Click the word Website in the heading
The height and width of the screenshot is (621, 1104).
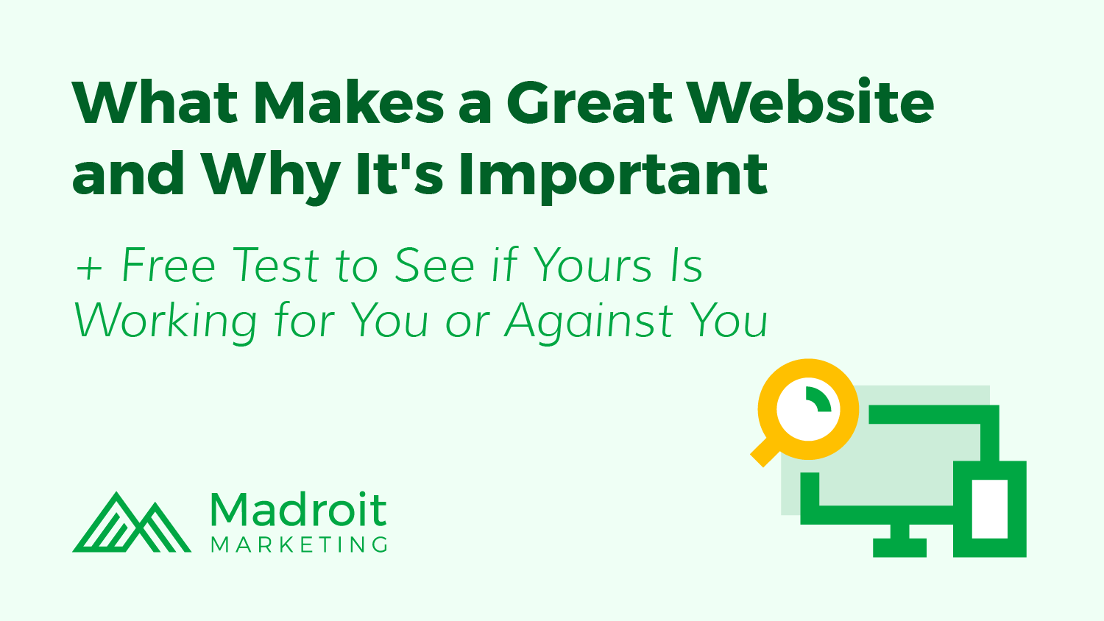click(811, 102)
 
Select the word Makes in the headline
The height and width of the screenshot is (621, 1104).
click(348, 102)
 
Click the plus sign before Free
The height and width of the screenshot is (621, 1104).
click(89, 269)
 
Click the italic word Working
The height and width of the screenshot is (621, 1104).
click(166, 323)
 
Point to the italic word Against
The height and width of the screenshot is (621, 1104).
click(589, 323)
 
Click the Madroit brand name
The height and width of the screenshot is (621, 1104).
click(299, 509)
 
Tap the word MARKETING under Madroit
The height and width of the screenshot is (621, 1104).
click(299, 544)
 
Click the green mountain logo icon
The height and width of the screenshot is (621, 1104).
click(132, 522)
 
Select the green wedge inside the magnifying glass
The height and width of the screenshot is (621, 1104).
click(818, 400)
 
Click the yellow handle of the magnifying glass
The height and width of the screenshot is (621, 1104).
click(765, 453)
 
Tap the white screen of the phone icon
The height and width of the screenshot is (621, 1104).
click(990, 509)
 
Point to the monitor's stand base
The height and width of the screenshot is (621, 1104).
click(899, 547)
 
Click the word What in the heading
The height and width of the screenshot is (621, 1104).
click(155, 102)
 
